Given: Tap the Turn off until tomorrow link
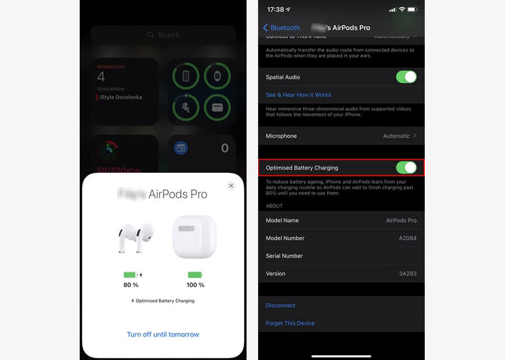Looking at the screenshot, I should (x=163, y=334).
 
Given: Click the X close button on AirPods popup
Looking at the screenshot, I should (x=231, y=186).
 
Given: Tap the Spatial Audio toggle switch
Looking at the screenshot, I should (x=406, y=77).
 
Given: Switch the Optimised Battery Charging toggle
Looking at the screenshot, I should (x=406, y=167).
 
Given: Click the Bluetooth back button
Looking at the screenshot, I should (x=282, y=27).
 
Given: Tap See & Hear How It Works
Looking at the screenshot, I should (x=298, y=95).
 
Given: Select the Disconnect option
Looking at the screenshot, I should (x=281, y=306).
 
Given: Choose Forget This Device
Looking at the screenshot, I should (x=290, y=323).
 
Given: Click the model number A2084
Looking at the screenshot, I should (x=407, y=238).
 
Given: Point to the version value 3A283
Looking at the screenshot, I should (x=407, y=274).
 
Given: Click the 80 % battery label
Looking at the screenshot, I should (x=131, y=285).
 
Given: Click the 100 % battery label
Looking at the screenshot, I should (x=195, y=285).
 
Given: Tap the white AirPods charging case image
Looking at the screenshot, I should (x=194, y=237).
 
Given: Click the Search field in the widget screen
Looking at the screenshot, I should (x=163, y=35).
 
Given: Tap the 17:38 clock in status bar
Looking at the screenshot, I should (x=276, y=10).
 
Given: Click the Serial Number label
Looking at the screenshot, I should (x=284, y=256).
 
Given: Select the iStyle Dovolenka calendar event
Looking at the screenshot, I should (x=121, y=97).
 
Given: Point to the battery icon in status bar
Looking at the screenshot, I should (x=412, y=10).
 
